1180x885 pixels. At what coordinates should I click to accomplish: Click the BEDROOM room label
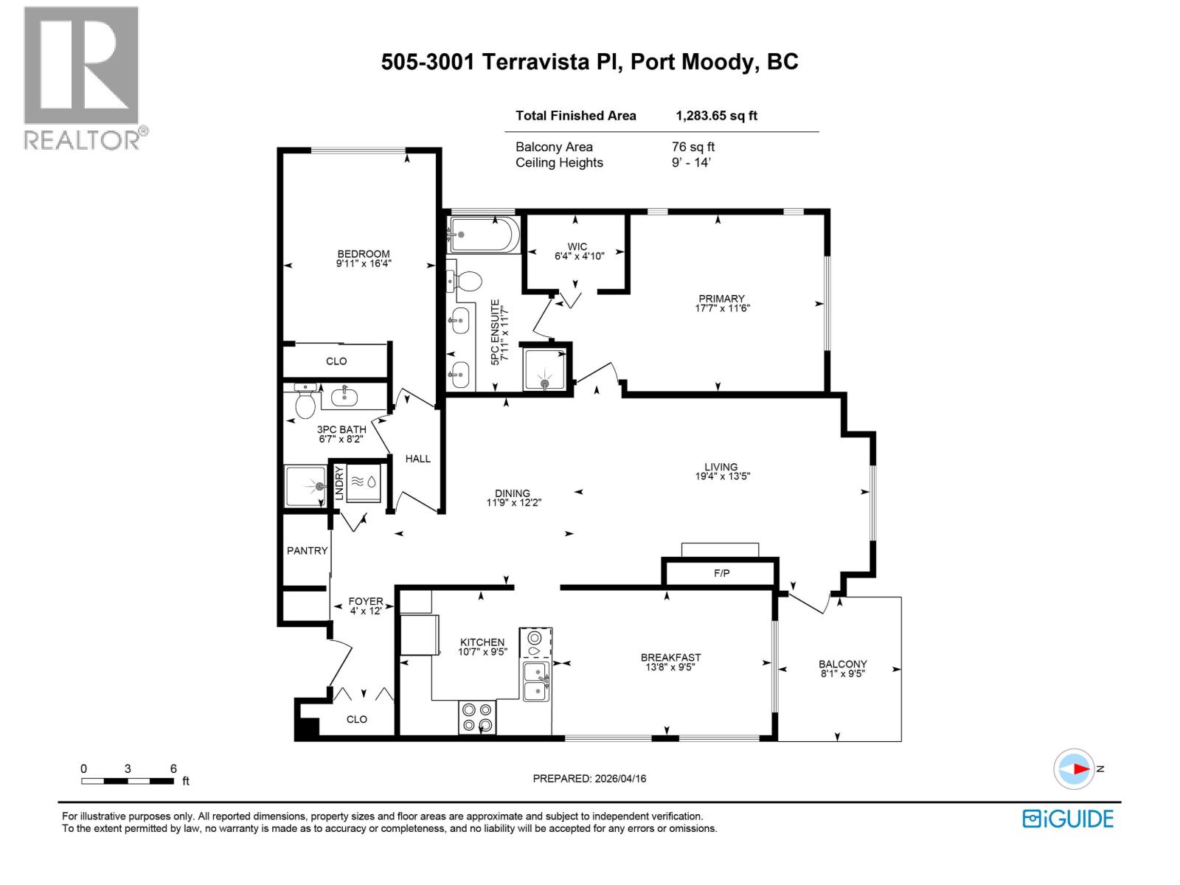point(363,254)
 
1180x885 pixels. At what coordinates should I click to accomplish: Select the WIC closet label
point(577,246)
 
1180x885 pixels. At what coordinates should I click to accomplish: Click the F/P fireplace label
point(721,573)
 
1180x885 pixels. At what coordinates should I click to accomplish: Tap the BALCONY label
point(842,664)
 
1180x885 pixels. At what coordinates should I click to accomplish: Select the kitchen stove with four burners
point(476,717)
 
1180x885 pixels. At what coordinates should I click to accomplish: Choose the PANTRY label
point(307,550)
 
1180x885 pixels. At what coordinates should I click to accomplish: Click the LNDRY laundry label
point(339,484)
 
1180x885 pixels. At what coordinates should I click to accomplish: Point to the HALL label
point(417,459)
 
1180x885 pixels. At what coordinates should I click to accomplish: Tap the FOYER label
point(365,601)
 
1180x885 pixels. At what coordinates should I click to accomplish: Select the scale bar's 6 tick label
point(173,768)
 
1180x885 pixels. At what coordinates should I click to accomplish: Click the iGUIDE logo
point(1068,819)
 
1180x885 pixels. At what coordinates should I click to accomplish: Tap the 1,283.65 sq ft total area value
point(716,116)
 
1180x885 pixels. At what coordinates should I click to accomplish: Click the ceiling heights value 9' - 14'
point(690,163)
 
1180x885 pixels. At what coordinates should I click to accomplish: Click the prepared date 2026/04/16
point(620,779)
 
